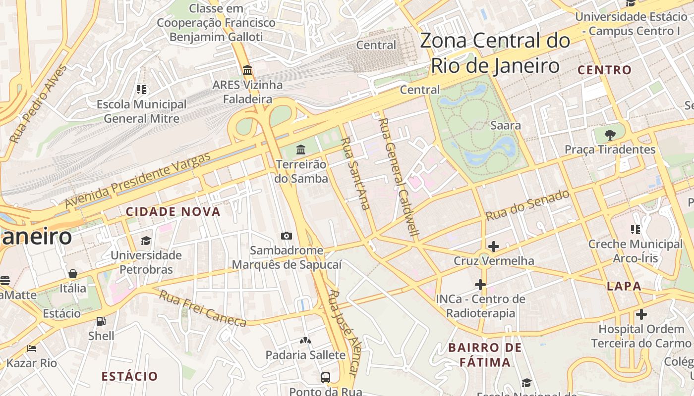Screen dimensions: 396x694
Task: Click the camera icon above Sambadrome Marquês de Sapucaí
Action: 286,236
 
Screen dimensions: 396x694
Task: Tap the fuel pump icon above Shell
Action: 101,321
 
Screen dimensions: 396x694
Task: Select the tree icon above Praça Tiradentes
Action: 610,134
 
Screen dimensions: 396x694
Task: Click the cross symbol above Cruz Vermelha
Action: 493,246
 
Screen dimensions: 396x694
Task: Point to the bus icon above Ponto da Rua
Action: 326,377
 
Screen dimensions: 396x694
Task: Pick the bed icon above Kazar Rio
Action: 32,348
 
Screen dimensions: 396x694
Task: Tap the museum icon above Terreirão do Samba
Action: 300,149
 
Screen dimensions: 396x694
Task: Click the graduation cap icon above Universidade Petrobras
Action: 146,241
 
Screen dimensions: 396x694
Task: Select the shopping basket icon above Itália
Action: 73,274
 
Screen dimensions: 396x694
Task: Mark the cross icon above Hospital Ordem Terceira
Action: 641,314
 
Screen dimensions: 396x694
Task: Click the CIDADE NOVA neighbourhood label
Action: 173,212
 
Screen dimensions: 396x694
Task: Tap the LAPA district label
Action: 624,286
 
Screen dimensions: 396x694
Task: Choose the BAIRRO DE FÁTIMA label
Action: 485,355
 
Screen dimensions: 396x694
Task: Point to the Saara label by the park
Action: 505,125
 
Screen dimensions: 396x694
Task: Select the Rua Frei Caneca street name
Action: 203,309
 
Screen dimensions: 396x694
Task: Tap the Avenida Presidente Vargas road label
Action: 138,180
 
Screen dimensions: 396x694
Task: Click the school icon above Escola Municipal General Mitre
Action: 141,90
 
